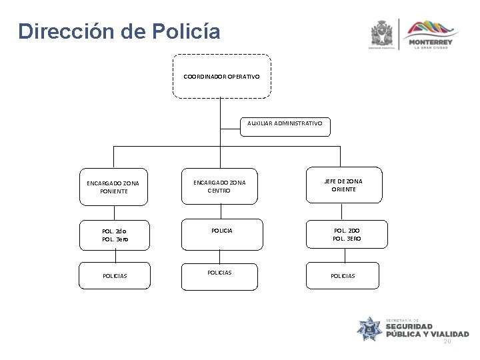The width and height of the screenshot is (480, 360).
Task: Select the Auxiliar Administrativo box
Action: pyautogui.click(x=284, y=124)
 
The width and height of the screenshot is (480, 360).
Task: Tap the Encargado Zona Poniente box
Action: pyautogui.click(x=115, y=186)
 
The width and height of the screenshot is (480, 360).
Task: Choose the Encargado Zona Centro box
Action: pyautogui.click(x=221, y=185)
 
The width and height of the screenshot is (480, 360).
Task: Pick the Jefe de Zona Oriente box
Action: pyautogui.click(x=344, y=185)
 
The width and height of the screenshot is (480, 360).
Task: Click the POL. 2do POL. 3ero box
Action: pyautogui.click(x=115, y=234)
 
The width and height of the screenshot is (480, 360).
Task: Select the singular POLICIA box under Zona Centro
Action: pyautogui.click(x=221, y=231)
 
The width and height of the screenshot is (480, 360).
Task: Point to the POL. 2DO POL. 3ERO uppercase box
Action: pyautogui.click(x=344, y=234)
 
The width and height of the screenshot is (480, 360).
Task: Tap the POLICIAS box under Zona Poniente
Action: pyautogui.click(x=115, y=275)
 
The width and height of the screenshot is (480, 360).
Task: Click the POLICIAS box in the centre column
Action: pyautogui.click(x=221, y=274)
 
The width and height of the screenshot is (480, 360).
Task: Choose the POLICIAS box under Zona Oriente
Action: pyautogui.click(x=344, y=275)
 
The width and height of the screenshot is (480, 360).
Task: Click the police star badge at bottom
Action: pyautogui.click(x=369, y=329)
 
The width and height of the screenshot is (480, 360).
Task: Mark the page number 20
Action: pyautogui.click(x=447, y=341)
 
